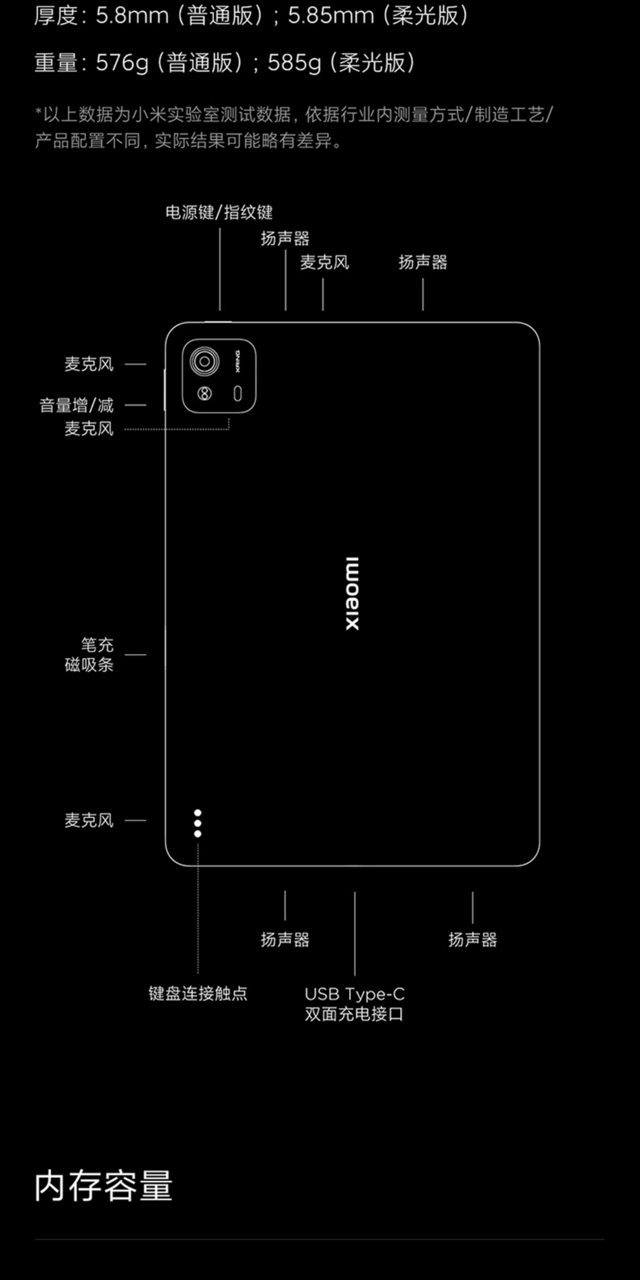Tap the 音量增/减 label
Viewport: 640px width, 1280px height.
tap(77, 405)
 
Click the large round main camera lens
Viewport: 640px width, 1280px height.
tap(204, 361)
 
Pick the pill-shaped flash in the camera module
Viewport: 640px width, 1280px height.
tap(237, 394)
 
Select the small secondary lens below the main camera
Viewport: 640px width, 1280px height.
tap(204, 394)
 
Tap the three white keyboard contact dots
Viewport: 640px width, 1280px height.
tap(198, 823)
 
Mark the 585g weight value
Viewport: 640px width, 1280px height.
tap(294, 63)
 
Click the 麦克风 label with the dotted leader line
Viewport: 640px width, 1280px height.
tap(89, 429)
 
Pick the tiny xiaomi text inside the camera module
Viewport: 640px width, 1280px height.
tap(237, 361)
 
